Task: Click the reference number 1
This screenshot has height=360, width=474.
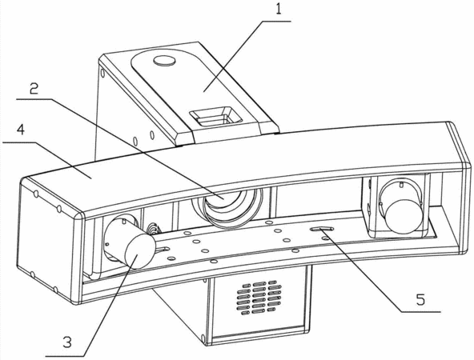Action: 278,9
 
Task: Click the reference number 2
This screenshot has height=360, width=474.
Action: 34,89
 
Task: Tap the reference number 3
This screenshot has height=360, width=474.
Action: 67,342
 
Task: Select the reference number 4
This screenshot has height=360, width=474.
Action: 21,130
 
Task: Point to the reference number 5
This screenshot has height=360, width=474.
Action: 420,299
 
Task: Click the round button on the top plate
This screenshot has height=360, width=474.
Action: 164,61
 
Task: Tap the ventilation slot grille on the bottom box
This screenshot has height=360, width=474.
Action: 259,298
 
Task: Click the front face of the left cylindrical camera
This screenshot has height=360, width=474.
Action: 140,251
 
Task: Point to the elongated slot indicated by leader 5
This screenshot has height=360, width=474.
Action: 322,230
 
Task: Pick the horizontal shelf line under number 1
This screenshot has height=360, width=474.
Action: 276,21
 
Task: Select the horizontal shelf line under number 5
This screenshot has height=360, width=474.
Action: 420,311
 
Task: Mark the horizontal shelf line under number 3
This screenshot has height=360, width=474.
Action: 65,355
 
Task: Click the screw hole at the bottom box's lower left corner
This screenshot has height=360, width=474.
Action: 203,337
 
